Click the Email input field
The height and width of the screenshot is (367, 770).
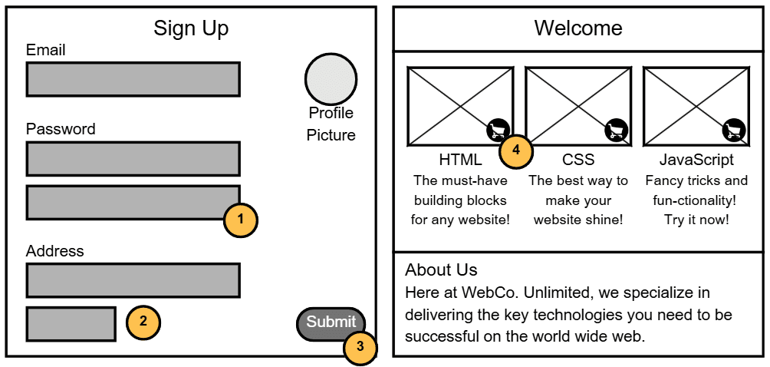pos(133,79)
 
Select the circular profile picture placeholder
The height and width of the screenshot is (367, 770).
pos(331,78)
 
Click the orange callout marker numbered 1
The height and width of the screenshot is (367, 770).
pos(240,220)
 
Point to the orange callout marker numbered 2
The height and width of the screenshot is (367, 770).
pos(143,322)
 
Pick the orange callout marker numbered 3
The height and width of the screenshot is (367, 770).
pos(360,348)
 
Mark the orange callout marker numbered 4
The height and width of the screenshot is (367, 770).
pos(516,150)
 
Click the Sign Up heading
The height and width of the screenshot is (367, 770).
pos(191,28)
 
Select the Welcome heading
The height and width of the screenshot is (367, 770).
pos(578,28)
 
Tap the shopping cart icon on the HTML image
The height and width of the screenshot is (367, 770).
pos(498,131)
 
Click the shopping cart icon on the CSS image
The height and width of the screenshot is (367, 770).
pos(616,131)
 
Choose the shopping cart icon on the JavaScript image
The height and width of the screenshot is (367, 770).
pos(734,131)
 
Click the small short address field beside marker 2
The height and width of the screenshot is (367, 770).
pos(71,323)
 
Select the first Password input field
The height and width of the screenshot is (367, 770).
pos(133,159)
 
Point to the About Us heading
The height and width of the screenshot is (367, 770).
pos(441,270)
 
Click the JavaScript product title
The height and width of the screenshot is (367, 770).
pos(696,160)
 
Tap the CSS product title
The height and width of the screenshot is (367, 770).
pos(578,160)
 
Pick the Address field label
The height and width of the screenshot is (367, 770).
pos(54,251)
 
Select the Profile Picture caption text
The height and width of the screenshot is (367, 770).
pos(331,124)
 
